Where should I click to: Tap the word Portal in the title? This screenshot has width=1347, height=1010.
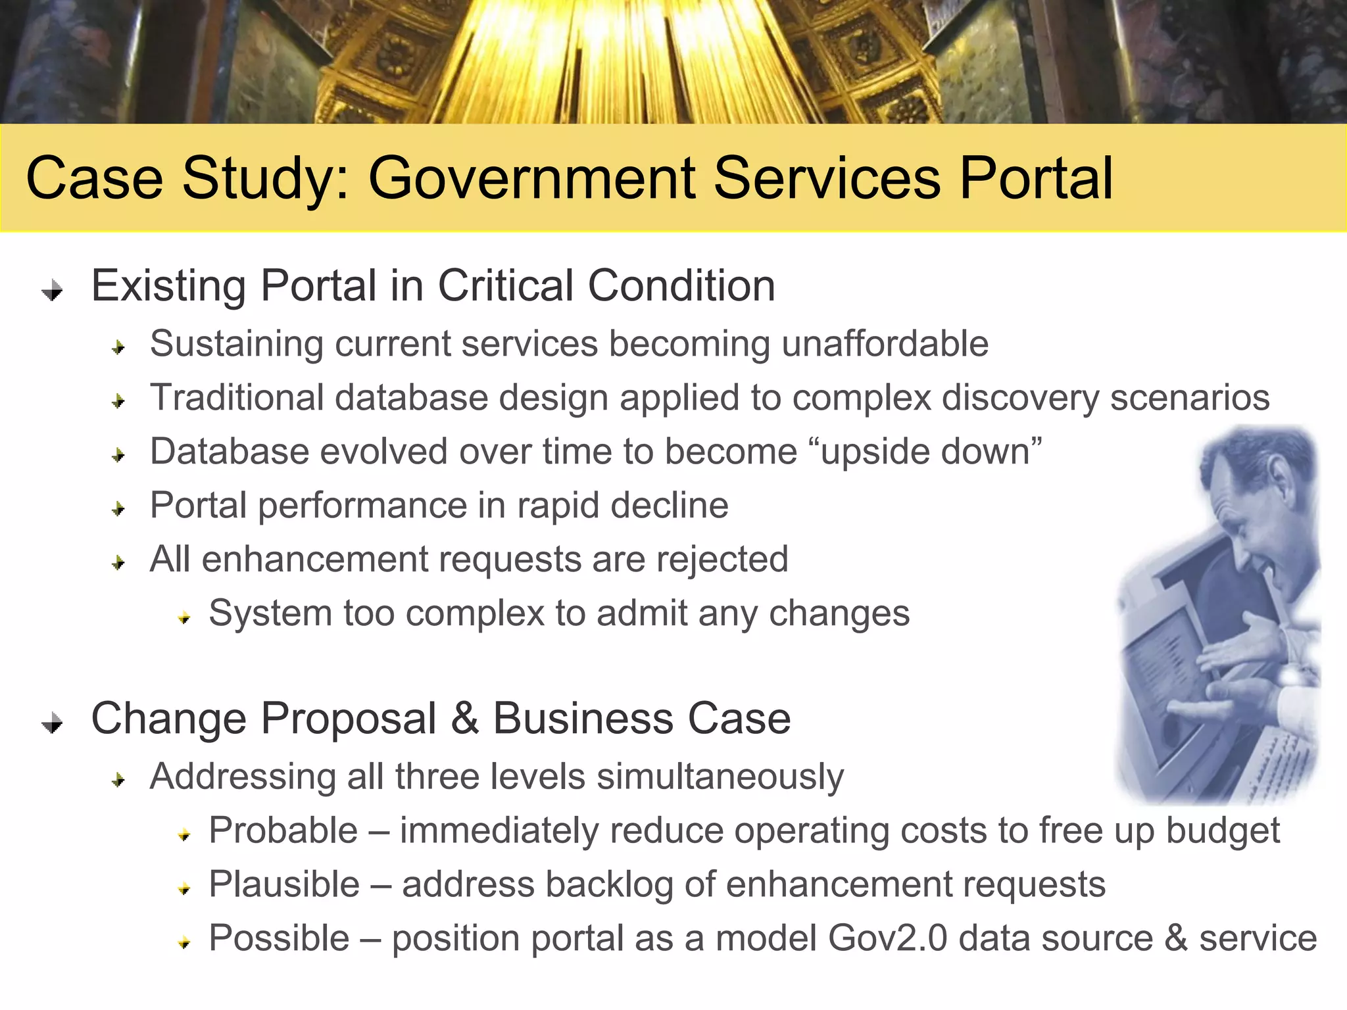[x=1036, y=179]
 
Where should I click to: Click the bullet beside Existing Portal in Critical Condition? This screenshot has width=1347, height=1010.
[x=52, y=290]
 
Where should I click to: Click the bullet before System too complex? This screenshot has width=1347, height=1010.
[x=184, y=617]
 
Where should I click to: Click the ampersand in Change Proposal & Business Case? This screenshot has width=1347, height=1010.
[x=464, y=719]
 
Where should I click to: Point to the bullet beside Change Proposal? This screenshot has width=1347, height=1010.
[x=52, y=723]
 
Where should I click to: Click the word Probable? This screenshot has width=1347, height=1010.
[x=283, y=830]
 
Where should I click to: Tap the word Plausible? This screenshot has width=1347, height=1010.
[x=284, y=884]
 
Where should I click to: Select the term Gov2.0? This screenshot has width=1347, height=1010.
[x=887, y=938]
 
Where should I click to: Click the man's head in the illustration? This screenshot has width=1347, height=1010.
[x=1250, y=500]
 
